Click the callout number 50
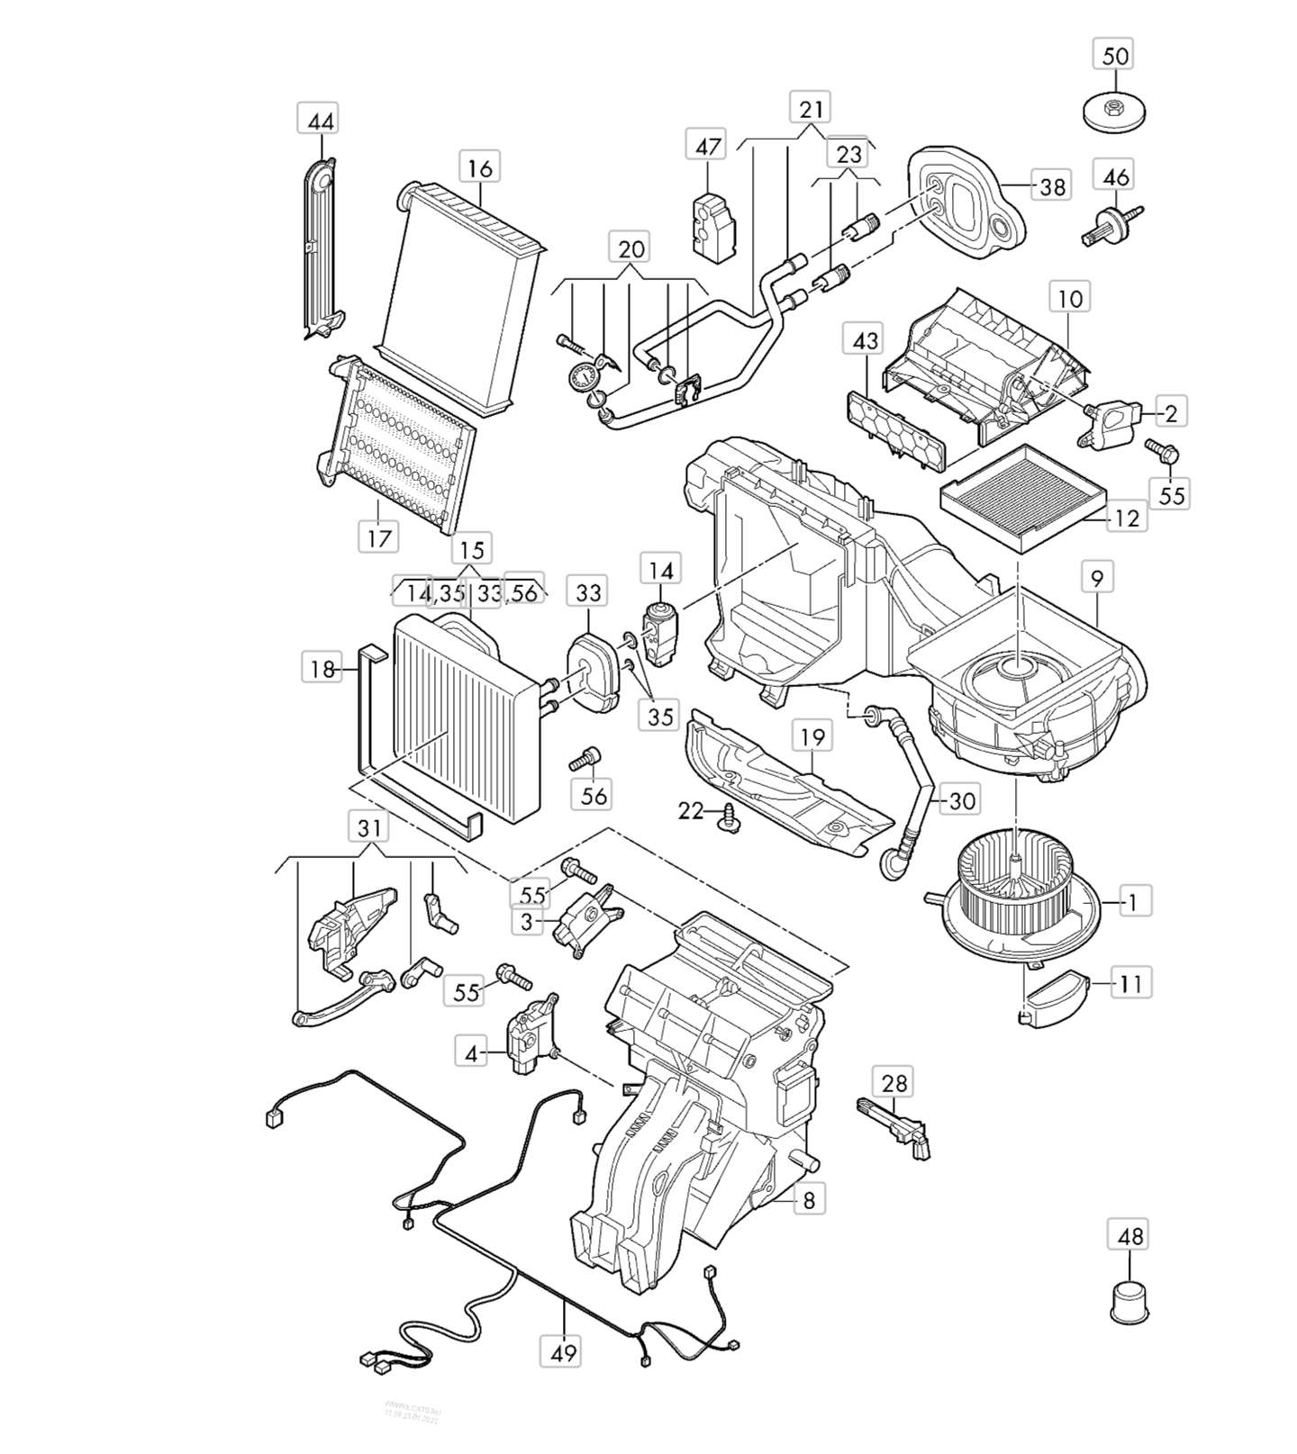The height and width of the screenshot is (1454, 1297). [x=1115, y=56]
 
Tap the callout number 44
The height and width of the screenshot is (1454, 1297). [x=321, y=120]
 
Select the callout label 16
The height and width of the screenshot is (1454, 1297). [x=480, y=167]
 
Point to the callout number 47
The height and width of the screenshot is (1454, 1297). [x=709, y=147]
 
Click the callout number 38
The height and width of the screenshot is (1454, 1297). [x=1052, y=186]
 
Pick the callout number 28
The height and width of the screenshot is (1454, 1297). [x=894, y=1081]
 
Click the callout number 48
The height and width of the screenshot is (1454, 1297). [x=1130, y=1236]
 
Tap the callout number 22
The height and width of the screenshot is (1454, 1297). [x=690, y=811]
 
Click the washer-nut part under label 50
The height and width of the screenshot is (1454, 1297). [x=1114, y=111]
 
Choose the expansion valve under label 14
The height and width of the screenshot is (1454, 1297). [x=661, y=635]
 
